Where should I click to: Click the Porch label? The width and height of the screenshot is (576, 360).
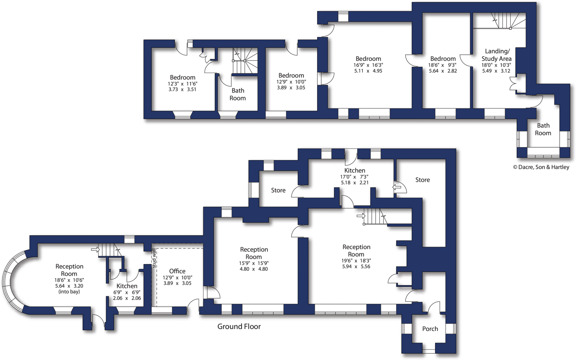click(x=430, y=329)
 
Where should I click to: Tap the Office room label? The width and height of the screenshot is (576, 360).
click(x=177, y=271)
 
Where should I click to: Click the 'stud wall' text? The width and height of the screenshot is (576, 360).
click(x=154, y=258)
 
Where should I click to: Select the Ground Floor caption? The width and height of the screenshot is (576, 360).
click(x=239, y=327)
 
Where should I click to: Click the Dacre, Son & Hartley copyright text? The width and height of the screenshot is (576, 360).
click(x=541, y=167)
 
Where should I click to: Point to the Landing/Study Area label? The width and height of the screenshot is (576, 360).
click(x=496, y=55)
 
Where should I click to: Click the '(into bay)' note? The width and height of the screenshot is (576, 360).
click(x=69, y=292)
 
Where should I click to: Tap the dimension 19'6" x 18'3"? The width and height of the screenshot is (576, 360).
click(x=356, y=261)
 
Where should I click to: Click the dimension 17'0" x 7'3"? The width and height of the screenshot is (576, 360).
click(x=354, y=177)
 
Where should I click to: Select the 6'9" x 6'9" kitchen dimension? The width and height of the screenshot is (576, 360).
click(x=127, y=292)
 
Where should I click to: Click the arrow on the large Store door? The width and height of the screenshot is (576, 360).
click(x=397, y=187)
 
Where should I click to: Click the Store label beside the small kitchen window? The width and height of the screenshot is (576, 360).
click(x=278, y=190)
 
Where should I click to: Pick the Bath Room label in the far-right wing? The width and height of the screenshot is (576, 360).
click(x=543, y=129)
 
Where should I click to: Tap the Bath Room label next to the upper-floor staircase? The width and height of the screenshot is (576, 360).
click(x=238, y=94)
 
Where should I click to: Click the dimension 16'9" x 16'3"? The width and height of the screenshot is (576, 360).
click(x=368, y=65)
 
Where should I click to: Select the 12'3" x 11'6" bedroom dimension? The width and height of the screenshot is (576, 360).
click(x=183, y=84)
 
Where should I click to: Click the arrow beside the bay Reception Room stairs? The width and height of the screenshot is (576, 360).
click(x=95, y=249)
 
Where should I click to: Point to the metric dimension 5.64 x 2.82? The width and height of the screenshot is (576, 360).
click(x=443, y=71)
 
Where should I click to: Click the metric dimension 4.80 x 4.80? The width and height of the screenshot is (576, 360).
click(x=254, y=269)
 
